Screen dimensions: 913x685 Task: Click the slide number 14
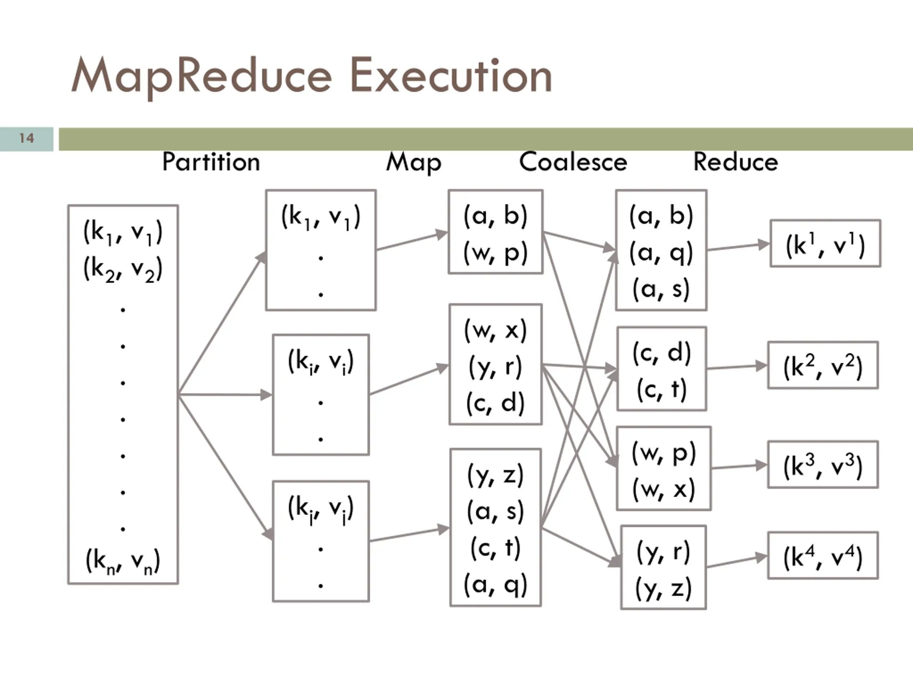coord(27,138)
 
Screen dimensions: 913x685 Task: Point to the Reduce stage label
coord(735,162)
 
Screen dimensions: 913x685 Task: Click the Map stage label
coord(414,163)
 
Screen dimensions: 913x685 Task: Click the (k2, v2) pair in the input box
coord(123,269)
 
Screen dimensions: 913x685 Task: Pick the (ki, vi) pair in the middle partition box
coord(321,362)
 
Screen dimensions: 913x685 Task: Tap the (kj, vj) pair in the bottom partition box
coord(321,509)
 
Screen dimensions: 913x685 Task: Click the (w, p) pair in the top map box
coord(495,253)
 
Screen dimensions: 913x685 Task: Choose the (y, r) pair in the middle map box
coord(495,367)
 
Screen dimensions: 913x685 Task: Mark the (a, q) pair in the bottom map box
coord(495,585)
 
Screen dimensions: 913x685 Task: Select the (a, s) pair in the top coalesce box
coord(661,289)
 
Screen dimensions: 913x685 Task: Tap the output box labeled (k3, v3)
coord(823,465)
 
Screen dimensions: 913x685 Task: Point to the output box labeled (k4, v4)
coord(823,556)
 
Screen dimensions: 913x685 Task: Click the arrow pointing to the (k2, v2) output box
coord(737,367)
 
